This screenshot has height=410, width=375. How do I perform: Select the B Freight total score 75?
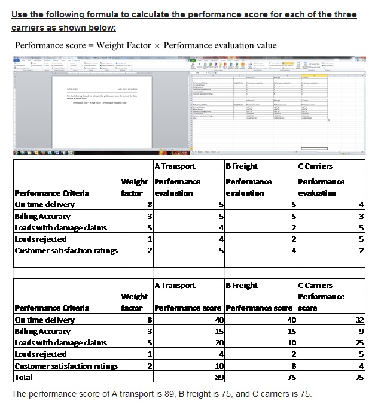[291, 377]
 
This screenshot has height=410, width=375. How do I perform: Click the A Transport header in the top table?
[175, 166]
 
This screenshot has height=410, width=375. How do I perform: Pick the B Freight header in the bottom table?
[242, 286]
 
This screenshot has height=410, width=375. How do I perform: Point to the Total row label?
[24, 377]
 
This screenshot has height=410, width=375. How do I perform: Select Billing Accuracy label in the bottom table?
[42, 331]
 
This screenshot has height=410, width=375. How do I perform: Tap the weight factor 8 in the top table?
[148, 205]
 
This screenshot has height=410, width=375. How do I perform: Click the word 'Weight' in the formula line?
[111, 45]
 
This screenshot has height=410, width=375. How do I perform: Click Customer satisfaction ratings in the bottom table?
[65, 366]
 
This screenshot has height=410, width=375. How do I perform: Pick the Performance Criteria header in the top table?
[51, 193]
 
